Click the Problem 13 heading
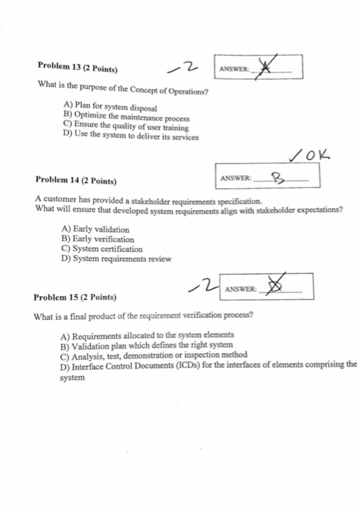tap(77, 70)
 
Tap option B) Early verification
tap(99, 239)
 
